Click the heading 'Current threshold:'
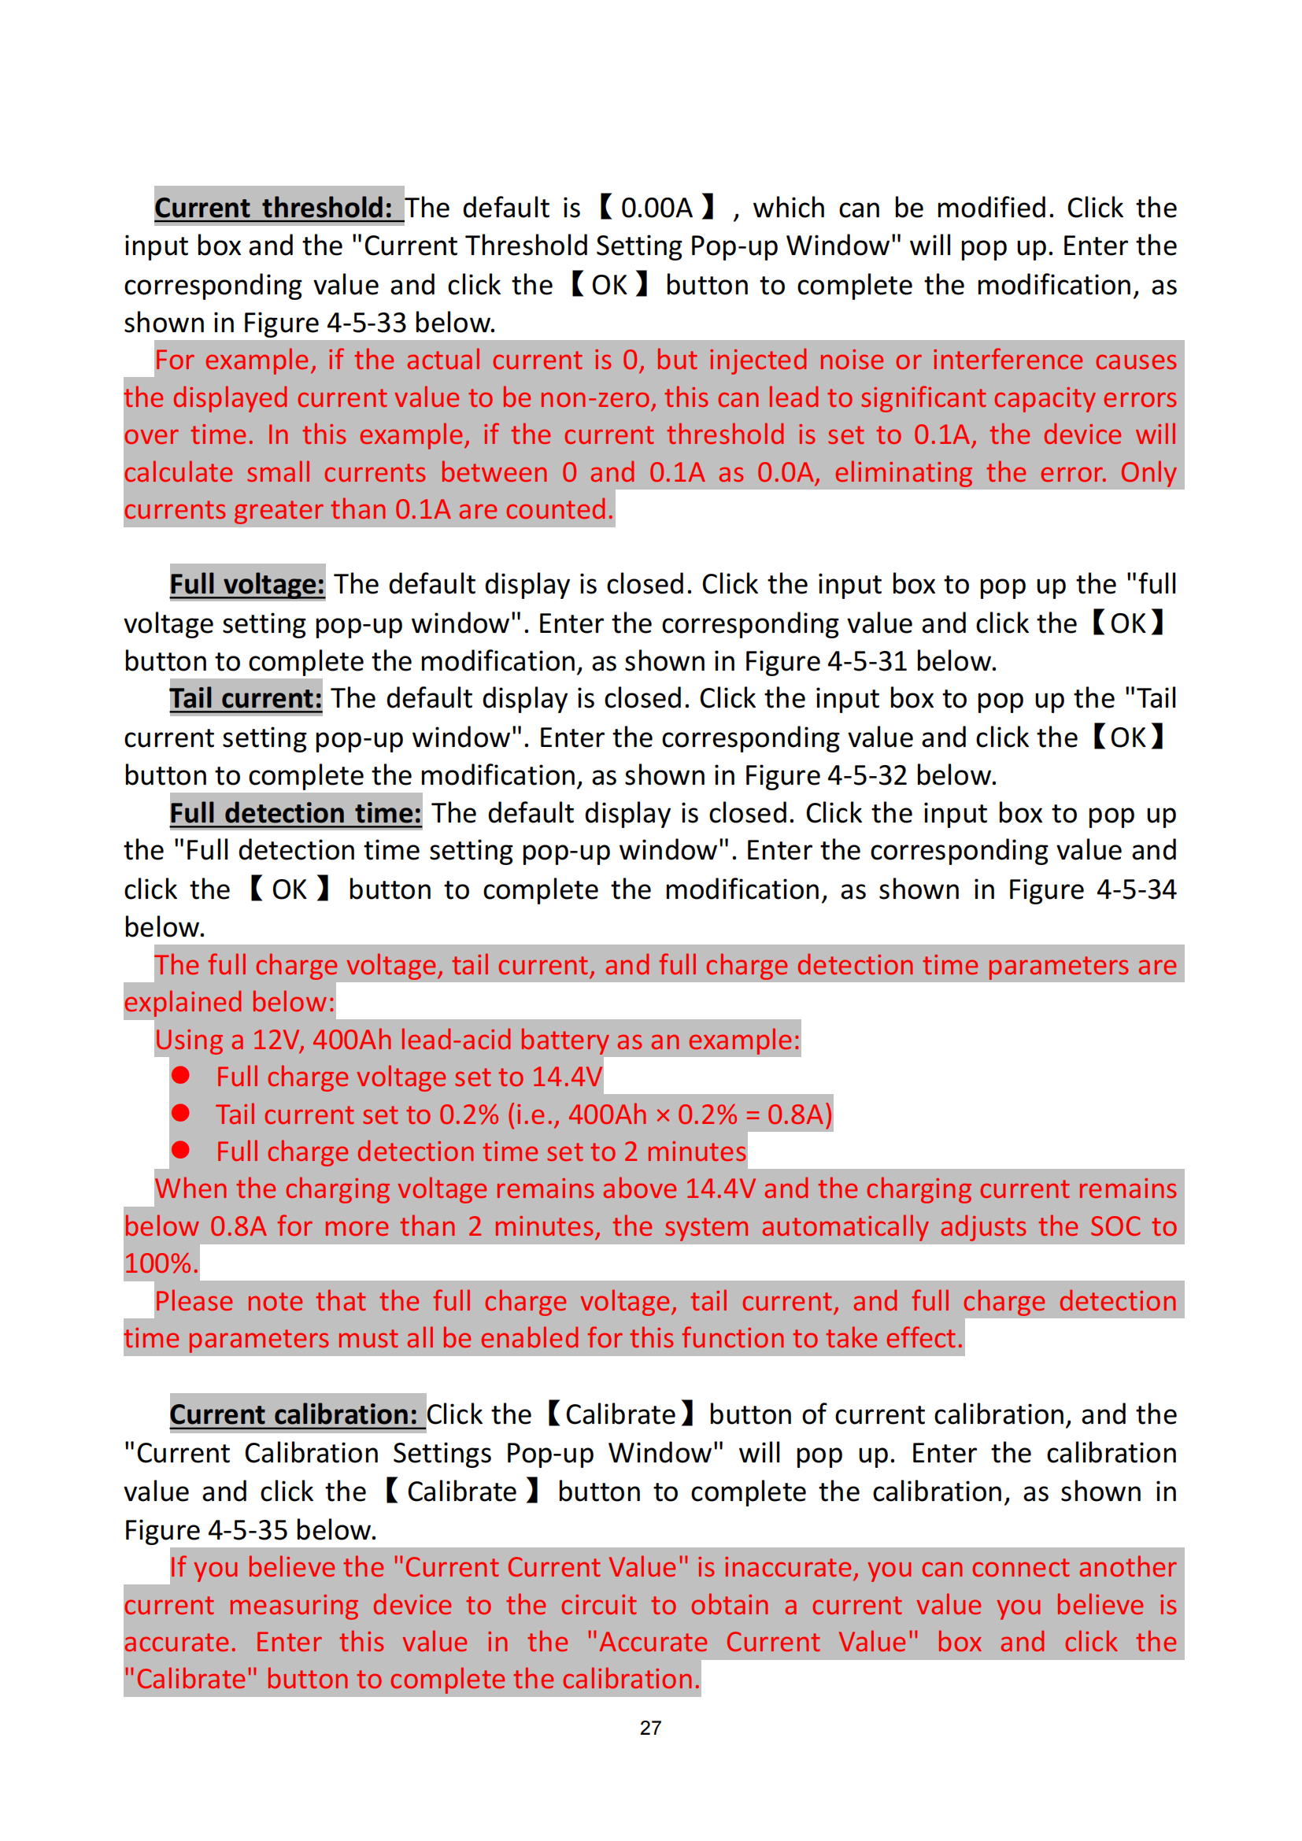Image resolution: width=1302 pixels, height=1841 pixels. pos(273,208)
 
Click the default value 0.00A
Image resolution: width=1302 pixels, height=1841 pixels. pos(656,208)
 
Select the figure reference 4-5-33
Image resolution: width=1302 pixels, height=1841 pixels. pos(366,323)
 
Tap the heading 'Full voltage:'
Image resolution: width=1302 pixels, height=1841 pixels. pos(247,585)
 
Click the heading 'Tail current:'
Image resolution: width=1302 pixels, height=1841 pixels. pos(246,698)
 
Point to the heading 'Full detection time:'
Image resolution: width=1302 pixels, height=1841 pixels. pos(295,813)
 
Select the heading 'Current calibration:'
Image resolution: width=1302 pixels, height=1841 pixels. pos(294,1414)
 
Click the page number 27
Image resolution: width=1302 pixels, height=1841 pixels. pos(650,1728)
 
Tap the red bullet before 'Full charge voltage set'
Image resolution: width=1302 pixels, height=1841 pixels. pos(180,1075)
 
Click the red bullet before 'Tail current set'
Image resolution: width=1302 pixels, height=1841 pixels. pos(180,1113)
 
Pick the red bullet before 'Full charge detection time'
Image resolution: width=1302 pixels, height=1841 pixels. pos(180,1151)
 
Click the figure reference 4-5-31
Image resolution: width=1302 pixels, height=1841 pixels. pos(867,661)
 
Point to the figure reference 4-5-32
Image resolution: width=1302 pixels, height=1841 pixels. pos(867,776)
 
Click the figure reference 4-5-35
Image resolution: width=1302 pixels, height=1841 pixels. pos(247,1531)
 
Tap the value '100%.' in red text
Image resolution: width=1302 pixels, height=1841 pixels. pos(161,1264)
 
